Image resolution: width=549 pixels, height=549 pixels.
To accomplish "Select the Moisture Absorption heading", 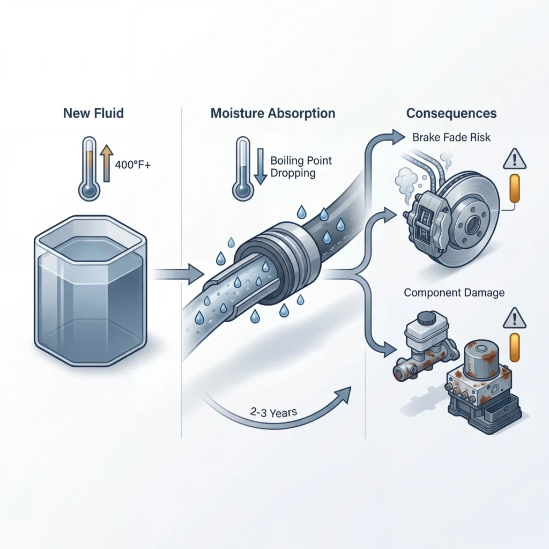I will click(273, 114).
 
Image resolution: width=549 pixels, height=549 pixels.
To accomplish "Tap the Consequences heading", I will click(451, 114).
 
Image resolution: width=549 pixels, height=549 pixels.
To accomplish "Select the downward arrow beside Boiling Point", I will click(261, 166).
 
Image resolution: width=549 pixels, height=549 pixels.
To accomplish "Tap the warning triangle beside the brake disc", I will click(515, 160).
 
